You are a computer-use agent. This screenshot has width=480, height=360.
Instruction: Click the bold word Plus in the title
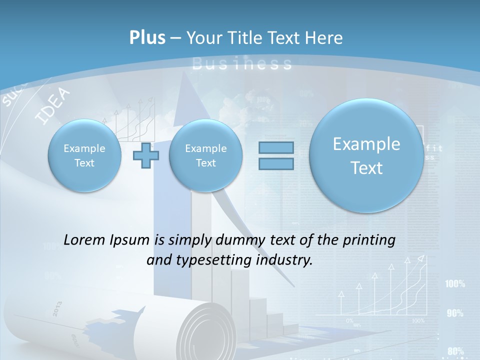click(x=147, y=38)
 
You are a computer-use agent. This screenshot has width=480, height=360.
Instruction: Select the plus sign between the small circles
click(x=146, y=155)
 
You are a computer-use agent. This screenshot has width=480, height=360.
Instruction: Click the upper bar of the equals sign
click(x=275, y=147)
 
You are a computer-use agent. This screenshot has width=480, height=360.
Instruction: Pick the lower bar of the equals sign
click(x=275, y=164)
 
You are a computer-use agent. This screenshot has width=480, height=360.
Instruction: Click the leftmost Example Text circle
click(x=84, y=155)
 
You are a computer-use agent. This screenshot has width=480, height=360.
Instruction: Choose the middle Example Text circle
click(x=205, y=155)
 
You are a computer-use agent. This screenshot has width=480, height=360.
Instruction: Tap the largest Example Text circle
click(x=366, y=155)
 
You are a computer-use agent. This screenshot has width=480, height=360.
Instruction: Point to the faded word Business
click(x=242, y=63)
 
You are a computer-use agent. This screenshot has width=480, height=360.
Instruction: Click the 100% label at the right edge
click(x=455, y=284)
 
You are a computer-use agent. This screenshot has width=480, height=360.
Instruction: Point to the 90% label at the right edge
click(x=455, y=313)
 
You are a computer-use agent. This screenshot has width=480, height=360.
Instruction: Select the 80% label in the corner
click(x=455, y=351)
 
